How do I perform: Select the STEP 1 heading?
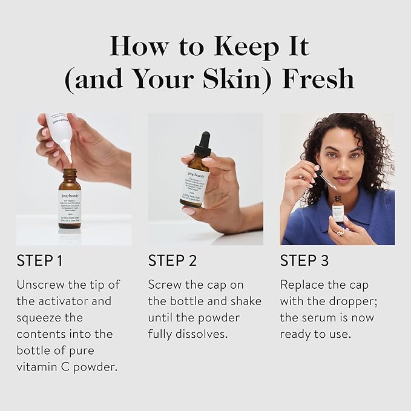click(39, 261)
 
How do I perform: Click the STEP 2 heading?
click(173, 261)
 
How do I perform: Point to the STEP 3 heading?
click(304, 261)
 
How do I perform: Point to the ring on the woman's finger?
click(340, 232)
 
